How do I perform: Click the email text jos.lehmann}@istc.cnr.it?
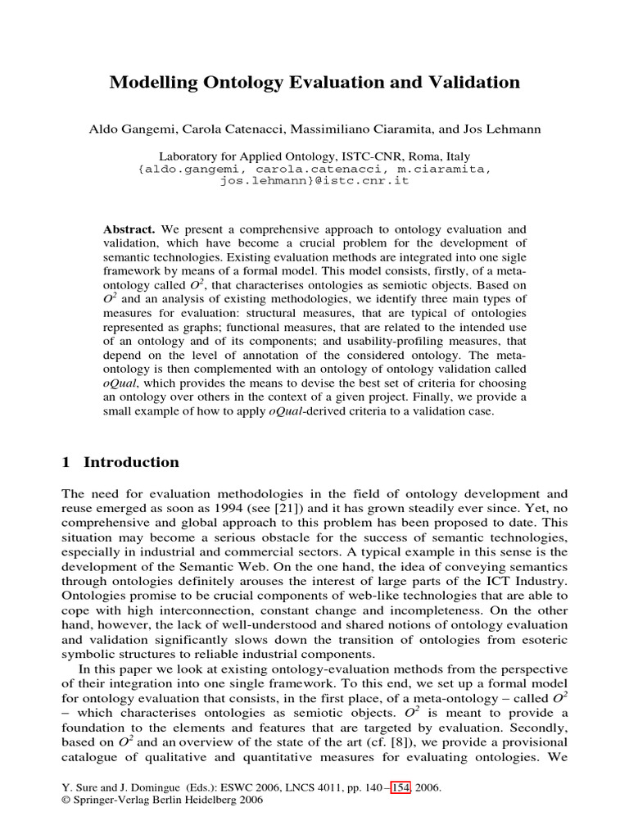tap(314, 180)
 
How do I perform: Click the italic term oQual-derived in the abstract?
tap(304, 411)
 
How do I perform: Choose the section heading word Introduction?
tap(131, 463)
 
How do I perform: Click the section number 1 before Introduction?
tap(66, 463)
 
